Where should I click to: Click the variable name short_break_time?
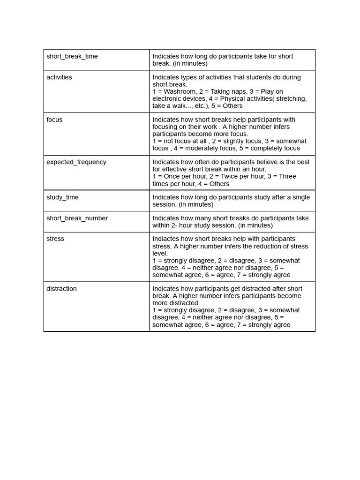pos(72,56)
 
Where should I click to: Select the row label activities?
pos(59,77)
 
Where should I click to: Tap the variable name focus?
pos(54,120)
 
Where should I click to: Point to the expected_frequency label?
pos(76,162)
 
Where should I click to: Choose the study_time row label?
pos(62,197)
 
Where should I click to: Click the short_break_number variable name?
pos(77,218)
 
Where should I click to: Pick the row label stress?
pos(55,239)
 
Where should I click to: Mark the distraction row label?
pos(61,289)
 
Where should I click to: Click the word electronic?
pos(168,98)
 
